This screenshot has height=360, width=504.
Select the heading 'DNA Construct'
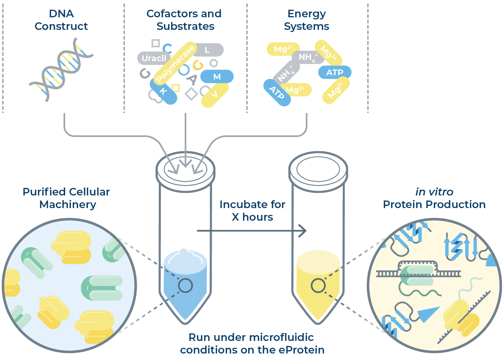pyautogui.click(x=61, y=20)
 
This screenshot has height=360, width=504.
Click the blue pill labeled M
pyautogui.click(x=217, y=77)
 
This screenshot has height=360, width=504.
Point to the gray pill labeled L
pyautogui.click(x=207, y=50)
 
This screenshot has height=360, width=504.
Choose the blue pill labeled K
pyautogui.click(x=164, y=91)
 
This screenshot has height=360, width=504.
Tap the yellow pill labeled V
pyautogui.click(x=215, y=95)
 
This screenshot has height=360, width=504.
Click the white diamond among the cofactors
pyautogui.click(x=191, y=94)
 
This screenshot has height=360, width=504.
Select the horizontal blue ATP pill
pyautogui.click(x=334, y=72)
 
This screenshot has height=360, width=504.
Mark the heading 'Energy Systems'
pyautogui.click(x=306, y=20)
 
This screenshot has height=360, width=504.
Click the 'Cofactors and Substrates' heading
pyautogui.click(x=184, y=20)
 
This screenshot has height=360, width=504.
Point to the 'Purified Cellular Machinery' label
pyautogui.click(x=67, y=198)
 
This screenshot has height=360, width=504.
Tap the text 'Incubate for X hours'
pyautogui.click(x=252, y=211)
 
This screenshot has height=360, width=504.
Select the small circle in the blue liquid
pyautogui.click(x=185, y=285)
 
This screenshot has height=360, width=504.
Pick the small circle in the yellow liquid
pyautogui.click(x=318, y=285)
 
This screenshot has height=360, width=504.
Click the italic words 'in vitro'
pyautogui.click(x=434, y=192)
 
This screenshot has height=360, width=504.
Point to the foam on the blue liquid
pyautogui.click(x=184, y=256)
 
